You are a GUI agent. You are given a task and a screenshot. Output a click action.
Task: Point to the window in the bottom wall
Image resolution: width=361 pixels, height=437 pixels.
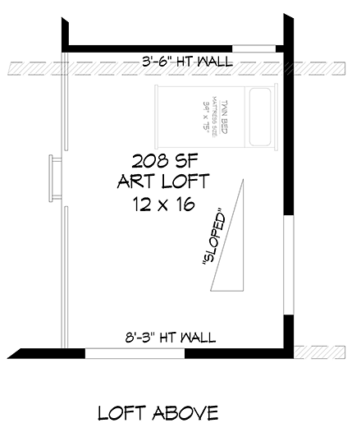coord(135,353)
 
